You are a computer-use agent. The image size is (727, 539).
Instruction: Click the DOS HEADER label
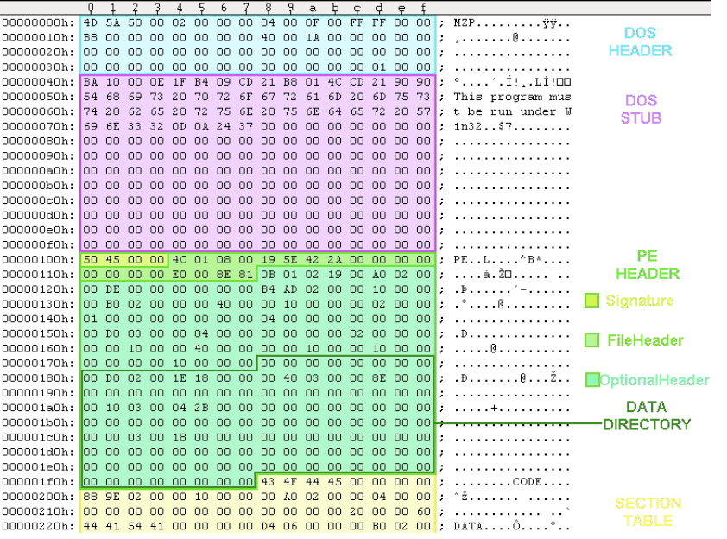[639, 41]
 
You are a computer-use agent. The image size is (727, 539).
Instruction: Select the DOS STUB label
[639, 109]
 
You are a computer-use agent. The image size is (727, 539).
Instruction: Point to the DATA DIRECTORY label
[647, 415]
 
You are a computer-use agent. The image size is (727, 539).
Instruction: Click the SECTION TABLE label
[648, 511]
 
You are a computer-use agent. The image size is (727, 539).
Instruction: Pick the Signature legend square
[591, 301]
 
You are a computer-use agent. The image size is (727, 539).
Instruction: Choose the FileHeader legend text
[645, 340]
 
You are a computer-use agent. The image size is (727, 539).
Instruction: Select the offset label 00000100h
[38, 259]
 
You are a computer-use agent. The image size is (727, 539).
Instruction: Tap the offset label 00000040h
[38, 81]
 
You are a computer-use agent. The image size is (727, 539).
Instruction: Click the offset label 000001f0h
[38, 481]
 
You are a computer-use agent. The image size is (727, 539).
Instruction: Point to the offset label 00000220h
[38, 526]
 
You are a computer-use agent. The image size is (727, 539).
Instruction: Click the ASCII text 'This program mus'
[512, 97]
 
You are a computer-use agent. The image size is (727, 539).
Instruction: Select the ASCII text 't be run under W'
[512, 111]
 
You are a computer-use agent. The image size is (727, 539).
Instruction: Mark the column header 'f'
[423, 8]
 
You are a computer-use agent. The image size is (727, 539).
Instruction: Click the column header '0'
[91, 8]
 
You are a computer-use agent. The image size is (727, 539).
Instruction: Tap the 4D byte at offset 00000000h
[91, 22]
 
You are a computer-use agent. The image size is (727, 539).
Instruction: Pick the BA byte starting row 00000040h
[91, 81]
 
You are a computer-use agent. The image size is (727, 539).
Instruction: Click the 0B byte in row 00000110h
[268, 274]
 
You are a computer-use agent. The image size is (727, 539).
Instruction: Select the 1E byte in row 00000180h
[179, 377]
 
